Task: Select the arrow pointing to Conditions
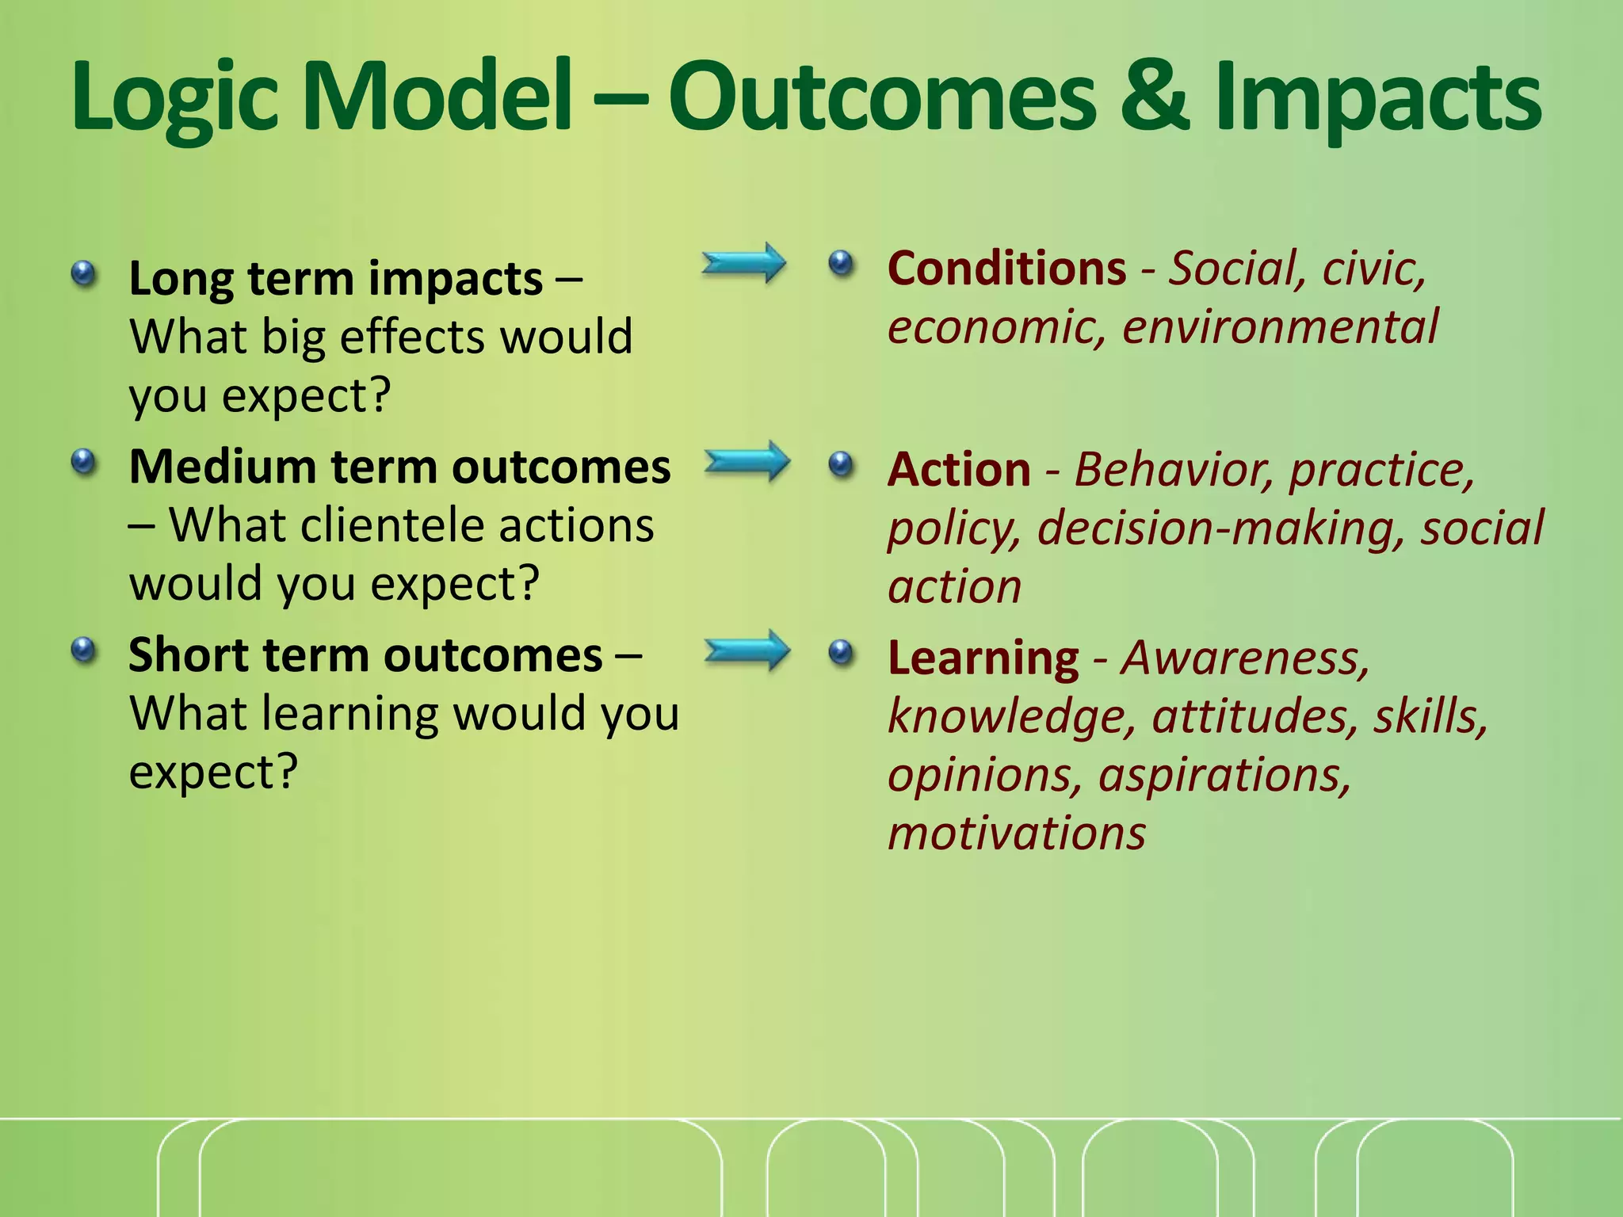(x=743, y=263)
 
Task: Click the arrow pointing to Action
(x=747, y=462)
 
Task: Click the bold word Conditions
(x=1006, y=268)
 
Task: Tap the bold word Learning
(x=983, y=658)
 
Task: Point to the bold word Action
(x=959, y=469)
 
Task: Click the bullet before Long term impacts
(x=83, y=275)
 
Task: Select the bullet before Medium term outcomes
(x=83, y=462)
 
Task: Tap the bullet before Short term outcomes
(x=83, y=651)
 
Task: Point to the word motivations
(x=1016, y=834)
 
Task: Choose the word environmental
(x=1280, y=326)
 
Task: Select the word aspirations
(x=1224, y=775)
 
